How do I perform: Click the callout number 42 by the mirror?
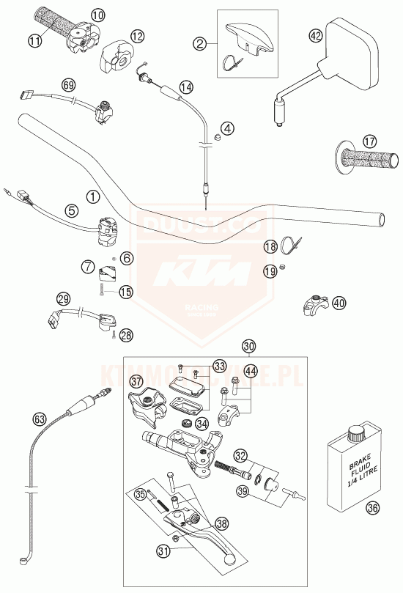[x=316, y=35]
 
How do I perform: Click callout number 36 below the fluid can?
[x=373, y=506]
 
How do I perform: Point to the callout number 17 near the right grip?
[x=369, y=140]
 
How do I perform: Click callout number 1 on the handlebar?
[x=92, y=196]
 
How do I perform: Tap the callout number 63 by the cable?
[x=39, y=419]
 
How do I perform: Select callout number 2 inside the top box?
[x=199, y=43]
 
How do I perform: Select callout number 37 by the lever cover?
[x=136, y=381]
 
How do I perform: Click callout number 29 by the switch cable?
[x=64, y=298]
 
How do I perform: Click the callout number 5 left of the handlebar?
[x=71, y=210]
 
